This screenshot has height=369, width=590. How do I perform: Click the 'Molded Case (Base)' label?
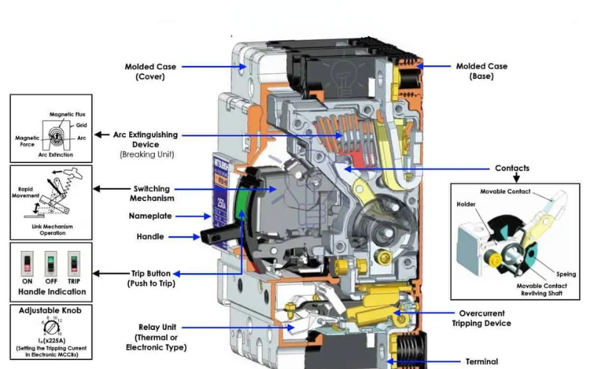pos(482,71)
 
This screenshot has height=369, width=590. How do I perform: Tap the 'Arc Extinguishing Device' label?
pos(145,139)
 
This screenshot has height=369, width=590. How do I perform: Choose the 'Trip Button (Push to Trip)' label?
pos(151,277)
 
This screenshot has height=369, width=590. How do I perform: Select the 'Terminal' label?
pos(482,362)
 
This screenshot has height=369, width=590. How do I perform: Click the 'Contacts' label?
pos(513,168)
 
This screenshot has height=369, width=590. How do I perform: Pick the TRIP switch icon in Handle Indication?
pos(73,261)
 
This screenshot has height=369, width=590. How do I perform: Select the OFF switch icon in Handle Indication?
pos(51,261)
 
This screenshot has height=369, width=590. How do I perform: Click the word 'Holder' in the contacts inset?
pos(466,204)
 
